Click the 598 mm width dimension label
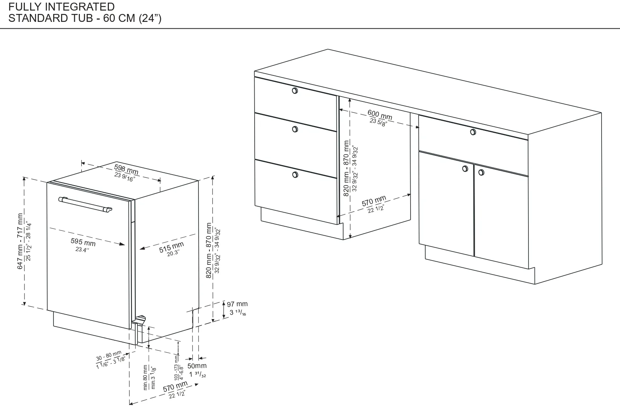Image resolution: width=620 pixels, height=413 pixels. tap(126, 169)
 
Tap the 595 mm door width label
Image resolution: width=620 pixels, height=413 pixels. tap(83, 242)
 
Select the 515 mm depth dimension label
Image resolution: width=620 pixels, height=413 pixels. tap(171, 247)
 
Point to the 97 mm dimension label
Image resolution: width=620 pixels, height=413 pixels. tap(237, 304)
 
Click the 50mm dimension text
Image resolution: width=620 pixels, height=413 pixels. tap(197, 366)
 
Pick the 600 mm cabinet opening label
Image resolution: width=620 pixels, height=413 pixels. tap(380, 114)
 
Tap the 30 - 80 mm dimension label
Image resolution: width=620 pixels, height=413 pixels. tap(109, 356)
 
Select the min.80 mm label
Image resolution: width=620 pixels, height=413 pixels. tap(145, 378)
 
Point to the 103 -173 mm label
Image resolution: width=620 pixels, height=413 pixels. tap(176, 368)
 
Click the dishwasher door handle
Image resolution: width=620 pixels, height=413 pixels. tap(85, 204)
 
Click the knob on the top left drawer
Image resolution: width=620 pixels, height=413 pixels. tap(295, 91)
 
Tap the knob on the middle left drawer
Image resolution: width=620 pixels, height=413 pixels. tap(295, 129)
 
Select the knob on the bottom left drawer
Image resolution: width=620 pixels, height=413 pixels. tap(295, 175)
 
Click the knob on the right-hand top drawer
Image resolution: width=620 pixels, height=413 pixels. tap(473, 132)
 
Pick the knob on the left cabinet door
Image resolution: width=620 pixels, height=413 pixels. tap(465, 169)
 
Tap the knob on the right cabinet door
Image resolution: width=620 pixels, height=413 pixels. tap(481, 172)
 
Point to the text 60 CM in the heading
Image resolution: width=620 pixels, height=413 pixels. tap(119, 18)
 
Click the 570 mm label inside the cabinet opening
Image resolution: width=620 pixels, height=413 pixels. tap(374, 201)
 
